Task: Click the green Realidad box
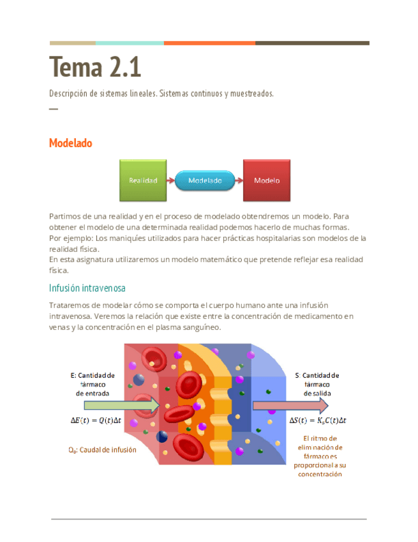[x=143, y=180]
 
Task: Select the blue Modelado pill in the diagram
[x=205, y=181]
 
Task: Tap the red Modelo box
[x=267, y=180]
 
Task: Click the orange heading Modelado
[x=70, y=143]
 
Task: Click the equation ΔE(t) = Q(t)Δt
[x=95, y=420]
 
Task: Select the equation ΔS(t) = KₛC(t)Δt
[x=318, y=420]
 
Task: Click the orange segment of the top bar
[x=209, y=43]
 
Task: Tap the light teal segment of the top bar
[x=130, y=43]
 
